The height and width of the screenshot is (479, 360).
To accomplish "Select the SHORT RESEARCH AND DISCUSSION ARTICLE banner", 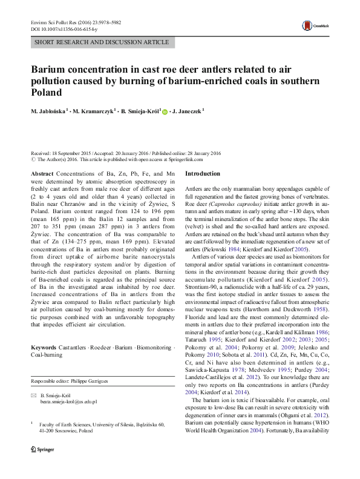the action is tap(101, 42).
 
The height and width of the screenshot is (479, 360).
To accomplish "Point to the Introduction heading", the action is tap(203, 174).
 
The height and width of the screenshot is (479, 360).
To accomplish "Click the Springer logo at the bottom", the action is tap(42, 468).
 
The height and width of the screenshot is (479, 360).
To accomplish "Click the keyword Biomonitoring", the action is tap(152, 348).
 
